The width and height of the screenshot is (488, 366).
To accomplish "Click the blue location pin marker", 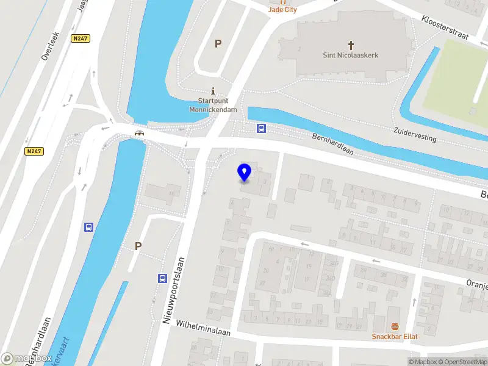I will (245, 173).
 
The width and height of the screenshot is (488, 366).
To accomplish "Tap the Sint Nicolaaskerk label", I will (350, 55).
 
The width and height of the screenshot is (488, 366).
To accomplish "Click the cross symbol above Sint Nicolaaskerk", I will (351, 45).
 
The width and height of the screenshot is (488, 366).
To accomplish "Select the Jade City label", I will (282, 10).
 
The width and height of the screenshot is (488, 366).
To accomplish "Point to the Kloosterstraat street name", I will (445, 28).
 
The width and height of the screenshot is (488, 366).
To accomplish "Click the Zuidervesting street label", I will (415, 134).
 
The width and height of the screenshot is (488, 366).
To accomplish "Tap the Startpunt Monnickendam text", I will (213, 105).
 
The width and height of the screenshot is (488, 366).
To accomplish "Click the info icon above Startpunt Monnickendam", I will (213, 90).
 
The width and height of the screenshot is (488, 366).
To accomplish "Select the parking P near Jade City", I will (218, 43).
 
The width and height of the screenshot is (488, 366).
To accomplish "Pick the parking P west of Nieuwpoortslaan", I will (138, 246).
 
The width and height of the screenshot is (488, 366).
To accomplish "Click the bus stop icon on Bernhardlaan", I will (261, 128).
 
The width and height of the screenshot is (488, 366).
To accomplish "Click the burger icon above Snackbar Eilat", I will (395, 326).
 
